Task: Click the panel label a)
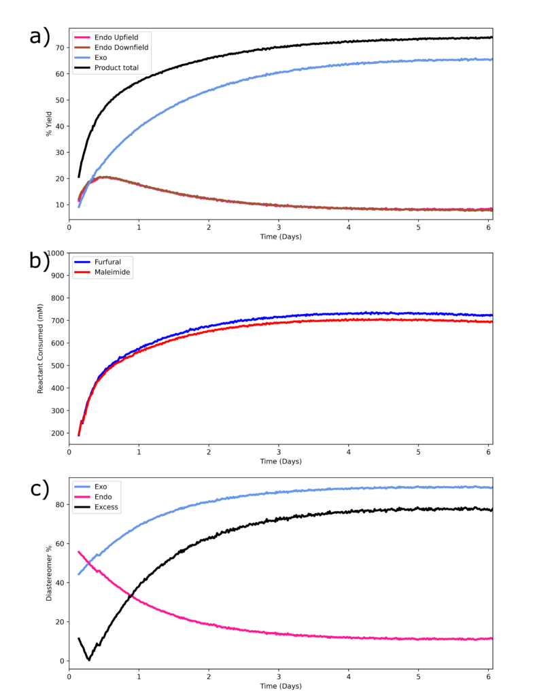coord(39,35)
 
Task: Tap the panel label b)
coord(39,262)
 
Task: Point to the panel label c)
coord(39,488)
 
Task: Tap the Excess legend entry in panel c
coord(106,507)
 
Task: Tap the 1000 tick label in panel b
coord(54,253)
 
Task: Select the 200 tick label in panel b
coord(56,433)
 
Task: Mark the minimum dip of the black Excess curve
coord(88,659)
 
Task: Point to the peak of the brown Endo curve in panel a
coord(102,177)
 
